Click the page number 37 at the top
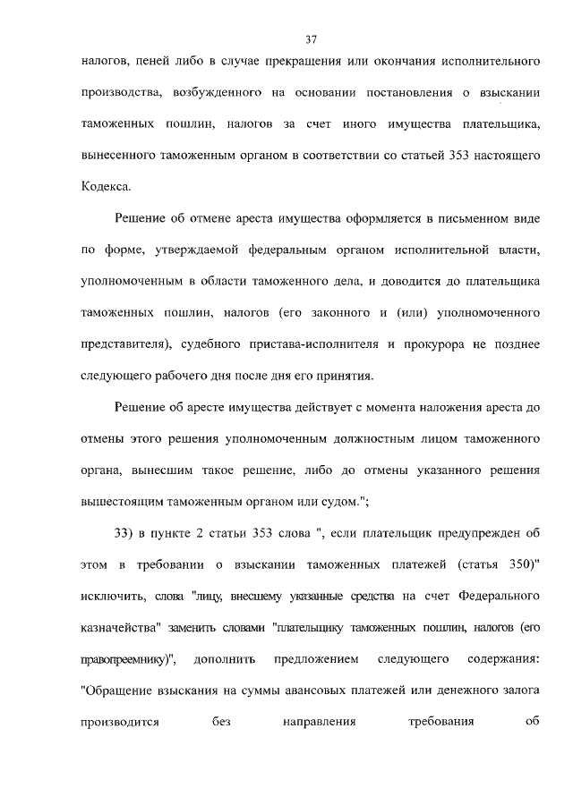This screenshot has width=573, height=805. point(312,39)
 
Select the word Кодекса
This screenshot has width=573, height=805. point(106,186)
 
